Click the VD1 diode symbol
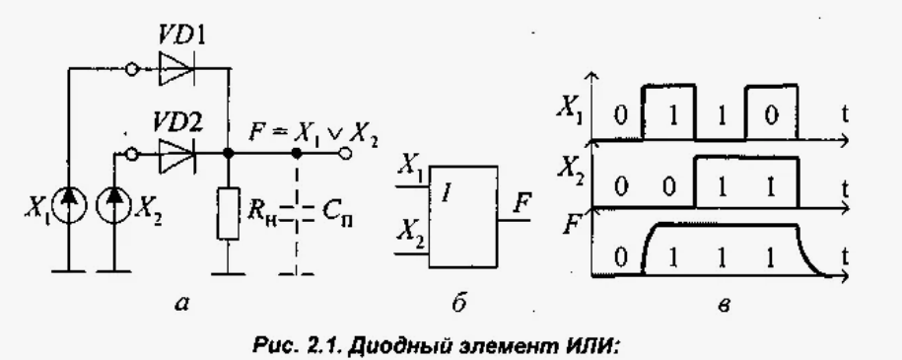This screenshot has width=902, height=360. pyautogui.click(x=180, y=70)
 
